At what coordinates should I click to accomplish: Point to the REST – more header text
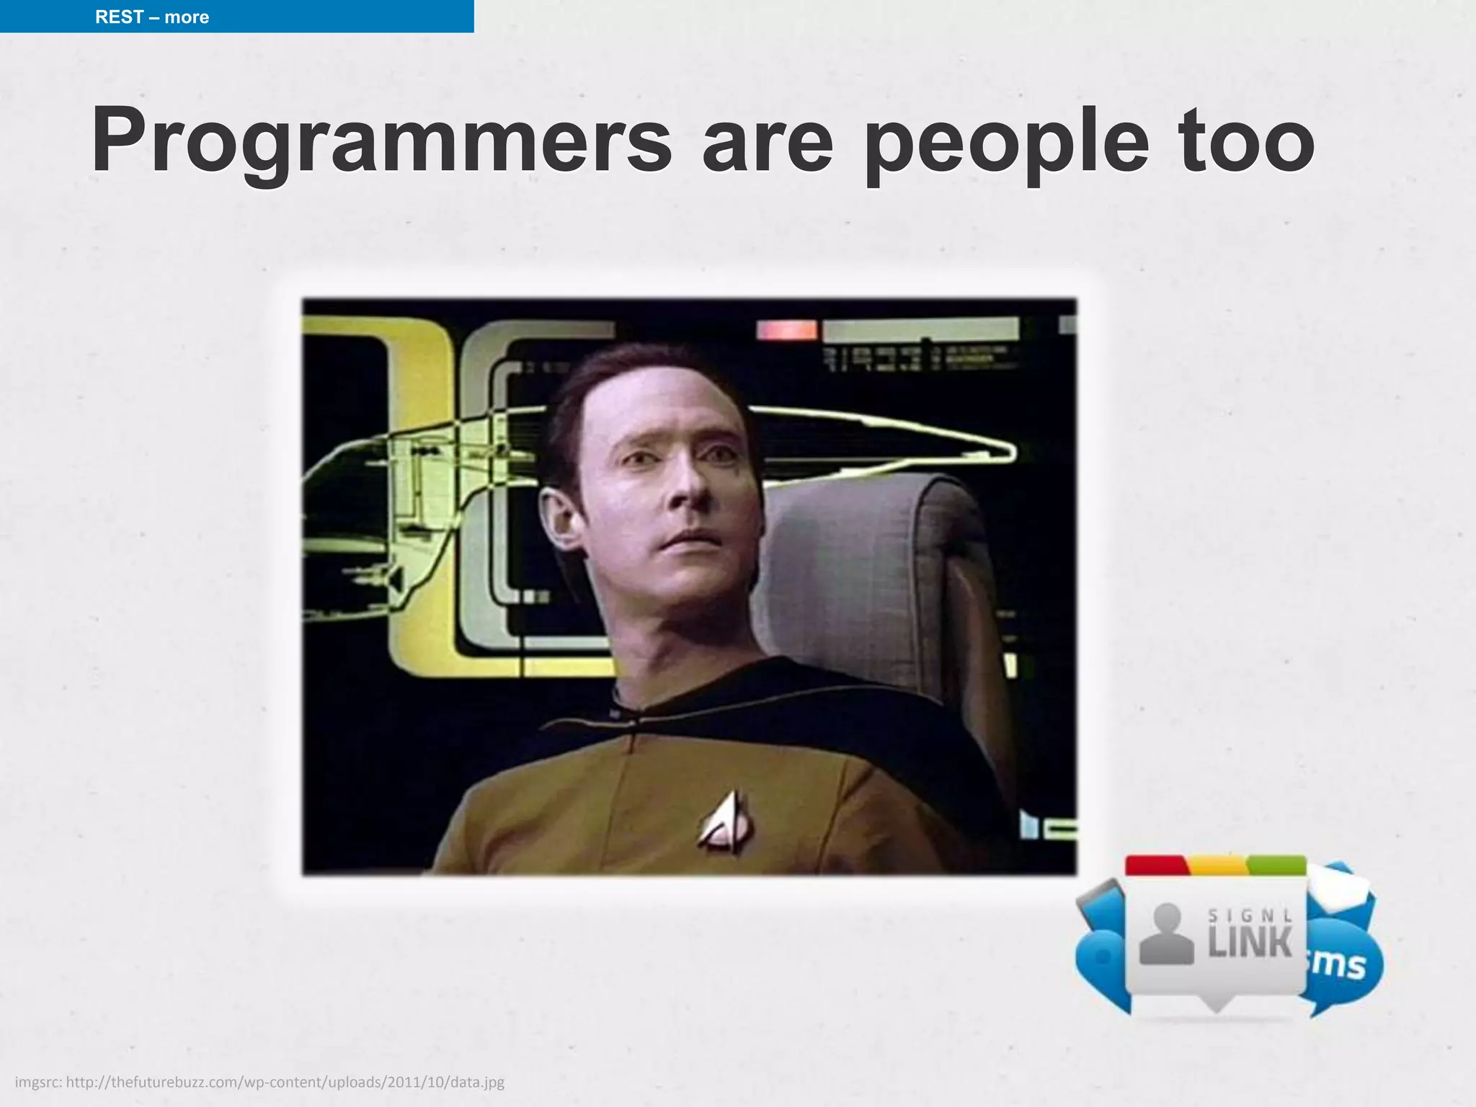click(152, 17)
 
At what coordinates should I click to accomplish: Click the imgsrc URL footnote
click(259, 1082)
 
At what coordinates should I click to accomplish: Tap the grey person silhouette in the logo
click(1166, 935)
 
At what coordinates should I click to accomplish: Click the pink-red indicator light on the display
click(786, 330)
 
